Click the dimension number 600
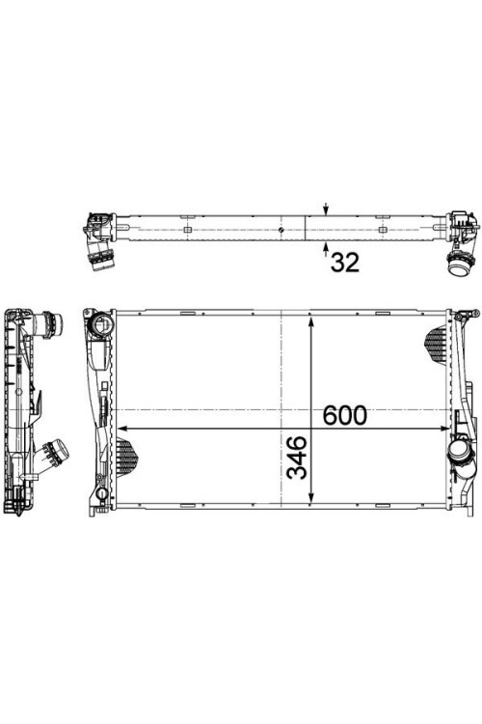pyautogui.click(x=344, y=415)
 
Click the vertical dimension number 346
pyautogui.click(x=297, y=458)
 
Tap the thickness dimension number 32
pyautogui.click(x=344, y=263)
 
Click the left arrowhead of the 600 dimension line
pyautogui.click(x=122, y=429)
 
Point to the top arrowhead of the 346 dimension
pyautogui.click(x=311, y=321)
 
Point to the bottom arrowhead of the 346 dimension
pyautogui.click(x=311, y=497)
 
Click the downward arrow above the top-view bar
pyautogui.click(x=326, y=209)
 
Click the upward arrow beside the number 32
pyautogui.click(x=326, y=248)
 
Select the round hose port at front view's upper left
pyautogui.click(x=102, y=325)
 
